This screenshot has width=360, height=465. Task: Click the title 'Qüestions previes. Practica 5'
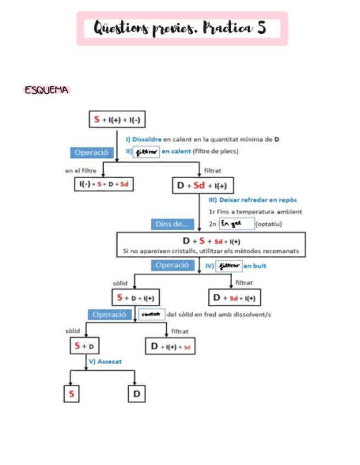point(181,28)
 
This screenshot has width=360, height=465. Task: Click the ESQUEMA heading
point(47,90)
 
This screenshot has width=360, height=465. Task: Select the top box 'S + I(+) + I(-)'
point(117,120)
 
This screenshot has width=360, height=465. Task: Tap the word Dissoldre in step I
point(147,139)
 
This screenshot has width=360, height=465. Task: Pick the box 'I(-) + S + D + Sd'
point(103,184)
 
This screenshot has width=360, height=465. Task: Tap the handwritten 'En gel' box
point(236,224)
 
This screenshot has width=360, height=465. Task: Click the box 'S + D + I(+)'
point(135,298)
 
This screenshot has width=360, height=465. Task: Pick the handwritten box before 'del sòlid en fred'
point(151,315)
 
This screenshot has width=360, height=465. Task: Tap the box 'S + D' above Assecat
point(85,346)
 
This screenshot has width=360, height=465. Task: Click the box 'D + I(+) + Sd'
point(170,347)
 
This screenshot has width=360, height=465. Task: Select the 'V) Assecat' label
point(105,361)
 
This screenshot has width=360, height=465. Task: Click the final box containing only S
point(70,394)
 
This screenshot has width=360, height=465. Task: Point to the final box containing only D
point(137,394)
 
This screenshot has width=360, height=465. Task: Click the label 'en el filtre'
point(81,170)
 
